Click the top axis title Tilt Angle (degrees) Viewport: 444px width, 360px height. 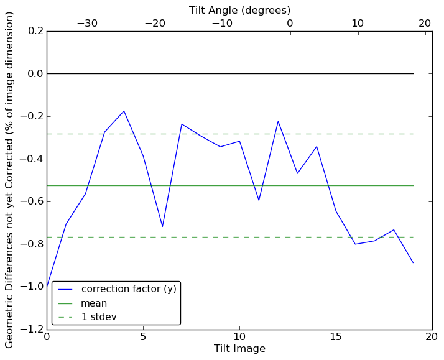pos(239,10)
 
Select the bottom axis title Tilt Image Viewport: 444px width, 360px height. pos(239,349)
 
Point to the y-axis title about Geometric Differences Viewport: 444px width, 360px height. pos(10,180)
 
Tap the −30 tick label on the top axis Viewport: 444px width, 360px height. pos(87,23)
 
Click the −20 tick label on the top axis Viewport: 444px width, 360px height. pos(155,23)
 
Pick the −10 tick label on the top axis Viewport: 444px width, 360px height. pos(222,23)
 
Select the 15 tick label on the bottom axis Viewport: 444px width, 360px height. pos(336,338)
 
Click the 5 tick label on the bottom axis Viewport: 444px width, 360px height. pos(143,338)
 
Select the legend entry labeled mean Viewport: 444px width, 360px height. pos(94,303)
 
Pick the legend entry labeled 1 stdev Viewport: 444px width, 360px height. pos(99,317)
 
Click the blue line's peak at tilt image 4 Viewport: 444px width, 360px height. pos(124,111)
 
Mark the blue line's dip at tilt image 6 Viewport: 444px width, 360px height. pos(162,226)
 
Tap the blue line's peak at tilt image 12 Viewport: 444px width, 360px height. pos(278,121)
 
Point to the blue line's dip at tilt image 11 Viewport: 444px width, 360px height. pos(259,200)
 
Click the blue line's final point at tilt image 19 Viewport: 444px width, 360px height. pos(413,262)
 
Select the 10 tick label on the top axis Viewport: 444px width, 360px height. pos(358,23)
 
